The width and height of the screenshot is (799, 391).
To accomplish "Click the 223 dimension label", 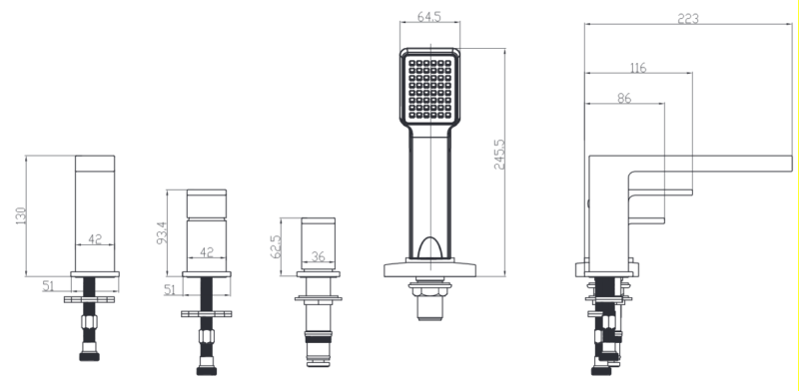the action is click(688, 18).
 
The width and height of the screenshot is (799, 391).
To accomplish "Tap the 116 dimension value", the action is click(638, 68).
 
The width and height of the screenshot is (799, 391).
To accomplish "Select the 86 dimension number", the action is click(624, 98).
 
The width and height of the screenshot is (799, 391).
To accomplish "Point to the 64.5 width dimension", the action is click(429, 16).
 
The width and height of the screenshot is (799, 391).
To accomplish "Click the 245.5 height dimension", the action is click(499, 155).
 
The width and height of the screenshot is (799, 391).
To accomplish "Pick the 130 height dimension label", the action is click(20, 215).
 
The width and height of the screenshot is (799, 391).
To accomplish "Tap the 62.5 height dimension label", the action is click(276, 246).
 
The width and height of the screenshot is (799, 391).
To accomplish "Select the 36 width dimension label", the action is click(318, 256).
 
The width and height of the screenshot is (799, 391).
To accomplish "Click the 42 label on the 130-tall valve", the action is click(95, 238).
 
